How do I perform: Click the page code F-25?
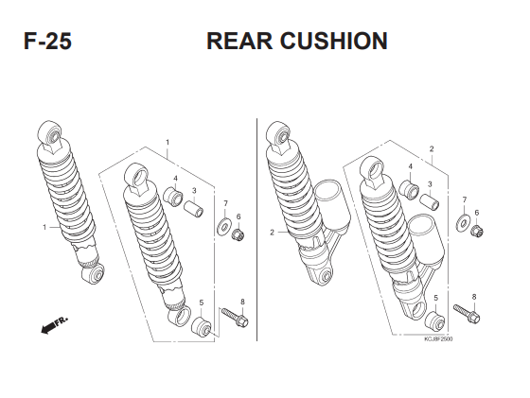(47, 42)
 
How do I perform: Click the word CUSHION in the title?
(333, 42)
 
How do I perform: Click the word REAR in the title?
(239, 42)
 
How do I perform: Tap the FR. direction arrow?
(54, 325)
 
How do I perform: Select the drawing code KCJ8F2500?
(438, 339)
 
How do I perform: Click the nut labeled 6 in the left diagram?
(238, 234)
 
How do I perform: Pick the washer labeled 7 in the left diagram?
(222, 227)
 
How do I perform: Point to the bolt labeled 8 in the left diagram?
(235, 318)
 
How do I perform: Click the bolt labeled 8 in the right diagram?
(467, 314)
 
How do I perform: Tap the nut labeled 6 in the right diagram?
(477, 230)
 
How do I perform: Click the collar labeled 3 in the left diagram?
(194, 209)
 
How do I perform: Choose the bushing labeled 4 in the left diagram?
(173, 197)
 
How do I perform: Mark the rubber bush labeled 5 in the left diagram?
(202, 326)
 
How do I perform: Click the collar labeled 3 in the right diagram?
(430, 201)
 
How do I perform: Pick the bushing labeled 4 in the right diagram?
(409, 190)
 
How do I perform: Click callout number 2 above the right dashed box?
(432, 148)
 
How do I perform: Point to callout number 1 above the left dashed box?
(168, 143)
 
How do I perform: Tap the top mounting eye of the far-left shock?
(50, 134)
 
